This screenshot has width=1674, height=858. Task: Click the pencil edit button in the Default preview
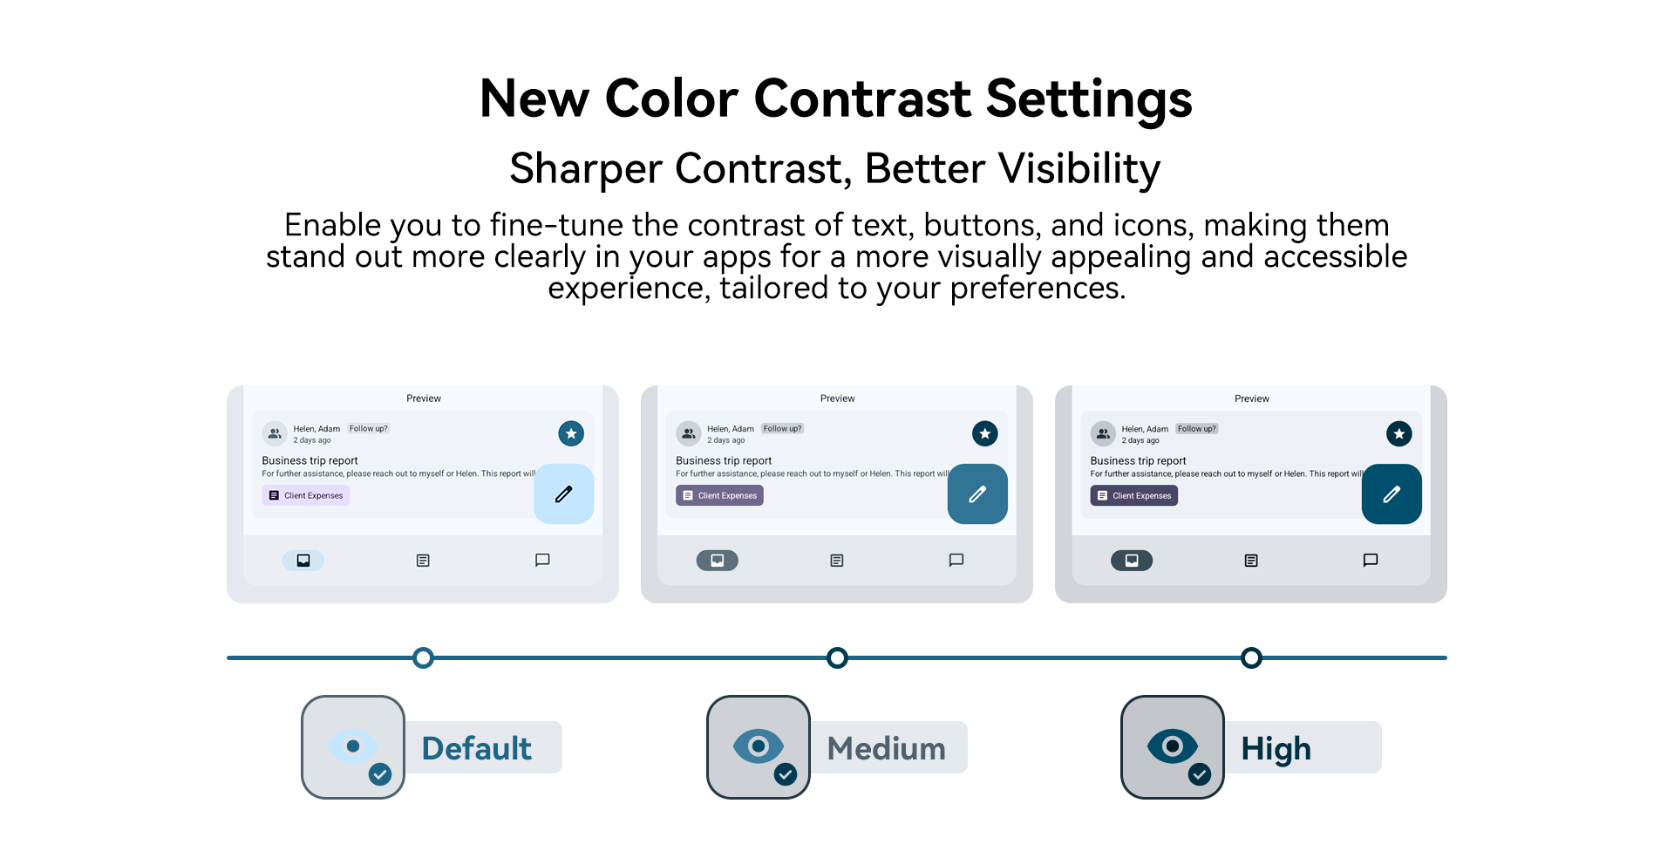564,494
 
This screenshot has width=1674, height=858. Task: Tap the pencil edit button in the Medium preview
977,494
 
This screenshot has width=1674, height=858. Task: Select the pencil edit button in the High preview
1392,494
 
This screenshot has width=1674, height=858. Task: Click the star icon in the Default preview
571,433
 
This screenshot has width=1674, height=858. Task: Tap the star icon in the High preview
1399,433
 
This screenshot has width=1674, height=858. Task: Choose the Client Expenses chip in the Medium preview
719,495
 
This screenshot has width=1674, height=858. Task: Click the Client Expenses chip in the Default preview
305,495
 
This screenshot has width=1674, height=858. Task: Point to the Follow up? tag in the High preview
1197,428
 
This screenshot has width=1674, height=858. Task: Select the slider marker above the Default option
423,657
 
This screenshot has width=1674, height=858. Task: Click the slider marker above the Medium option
837,657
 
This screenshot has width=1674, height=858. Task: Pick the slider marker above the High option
1251,657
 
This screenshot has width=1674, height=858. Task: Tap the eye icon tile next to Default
353,747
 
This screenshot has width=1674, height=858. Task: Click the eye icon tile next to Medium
759,747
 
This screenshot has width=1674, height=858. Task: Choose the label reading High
1276,749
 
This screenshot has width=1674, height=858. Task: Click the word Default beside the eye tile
477,748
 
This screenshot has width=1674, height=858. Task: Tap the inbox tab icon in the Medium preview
718,560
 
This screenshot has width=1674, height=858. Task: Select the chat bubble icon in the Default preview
542,560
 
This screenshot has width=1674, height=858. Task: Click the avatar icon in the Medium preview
689,433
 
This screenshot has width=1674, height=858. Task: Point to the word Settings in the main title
1089,99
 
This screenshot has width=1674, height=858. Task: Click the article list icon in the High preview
1251,561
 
